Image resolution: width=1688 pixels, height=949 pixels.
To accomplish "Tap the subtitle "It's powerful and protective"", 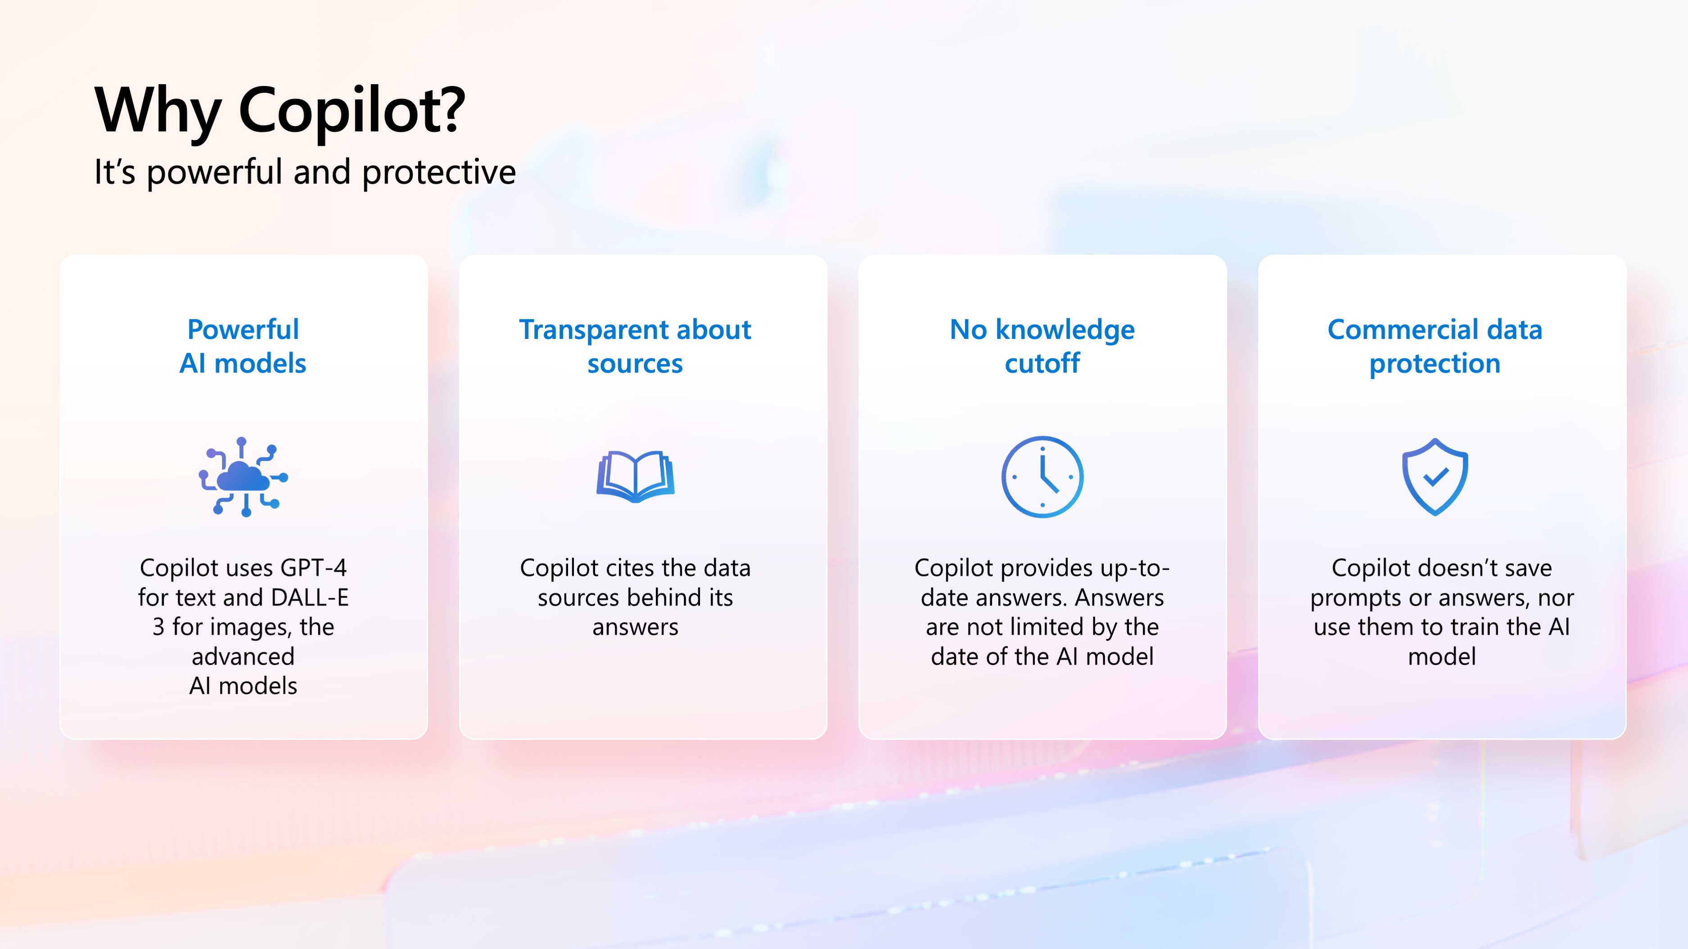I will pyautogui.click(x=305, y=172).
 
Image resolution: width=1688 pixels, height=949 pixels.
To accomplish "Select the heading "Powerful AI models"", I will pyautogui.click(x=243, y=346).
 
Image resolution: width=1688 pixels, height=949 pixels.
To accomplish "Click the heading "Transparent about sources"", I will pyautogui.click(x=635, y=346).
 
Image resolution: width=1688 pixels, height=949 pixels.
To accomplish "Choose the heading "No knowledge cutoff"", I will pyautogui.click(x=1042, y=346).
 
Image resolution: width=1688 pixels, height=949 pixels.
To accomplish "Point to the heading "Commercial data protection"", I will pyautogui.click(x=1435, y=346).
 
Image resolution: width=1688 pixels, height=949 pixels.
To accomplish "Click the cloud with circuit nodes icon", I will pyautogui.click(x=243, y=477).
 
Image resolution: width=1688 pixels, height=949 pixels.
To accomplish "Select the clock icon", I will pyautogui.click(x=1042, y=477).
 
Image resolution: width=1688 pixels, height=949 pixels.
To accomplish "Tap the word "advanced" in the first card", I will pyautogui.click(x=243, y=656).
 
